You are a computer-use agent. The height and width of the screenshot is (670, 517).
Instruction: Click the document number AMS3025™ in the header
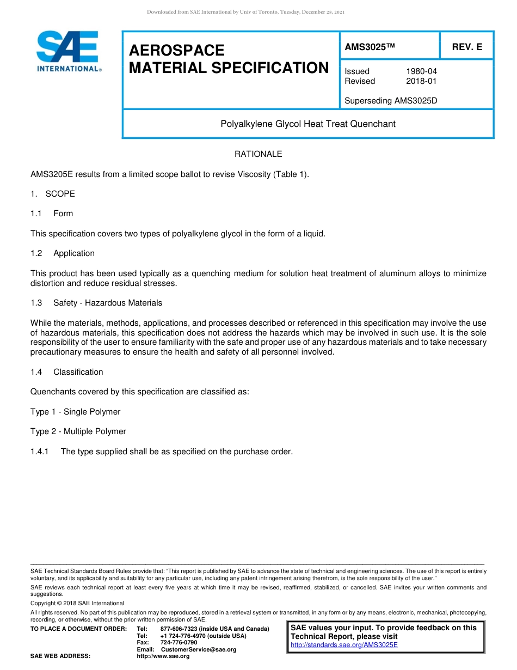pos(369,47)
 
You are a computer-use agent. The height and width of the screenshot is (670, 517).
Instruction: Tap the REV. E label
pos(467,47)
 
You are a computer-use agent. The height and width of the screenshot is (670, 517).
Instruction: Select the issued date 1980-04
pos(421,71)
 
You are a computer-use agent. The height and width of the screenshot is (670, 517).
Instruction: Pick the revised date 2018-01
pos(421,81)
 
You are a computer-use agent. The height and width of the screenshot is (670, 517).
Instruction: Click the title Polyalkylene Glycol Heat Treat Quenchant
pos(307,124)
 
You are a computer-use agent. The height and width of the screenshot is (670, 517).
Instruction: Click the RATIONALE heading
pos(258,154)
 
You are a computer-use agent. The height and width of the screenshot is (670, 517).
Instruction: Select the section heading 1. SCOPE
pos(53,194)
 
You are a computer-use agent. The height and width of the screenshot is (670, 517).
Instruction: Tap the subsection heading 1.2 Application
pos(63,253)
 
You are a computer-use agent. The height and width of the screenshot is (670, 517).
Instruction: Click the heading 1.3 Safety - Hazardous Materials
pos(96,303)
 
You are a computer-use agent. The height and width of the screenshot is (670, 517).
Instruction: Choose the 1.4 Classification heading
pos(67,372)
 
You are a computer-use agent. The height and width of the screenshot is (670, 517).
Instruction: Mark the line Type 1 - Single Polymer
pos(75,412)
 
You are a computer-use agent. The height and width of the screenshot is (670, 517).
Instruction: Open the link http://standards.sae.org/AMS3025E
pos(344,645)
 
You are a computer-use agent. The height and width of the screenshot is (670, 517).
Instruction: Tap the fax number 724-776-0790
pos(179,642)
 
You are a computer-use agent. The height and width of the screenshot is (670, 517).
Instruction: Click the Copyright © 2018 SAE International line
pos(77,603)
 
